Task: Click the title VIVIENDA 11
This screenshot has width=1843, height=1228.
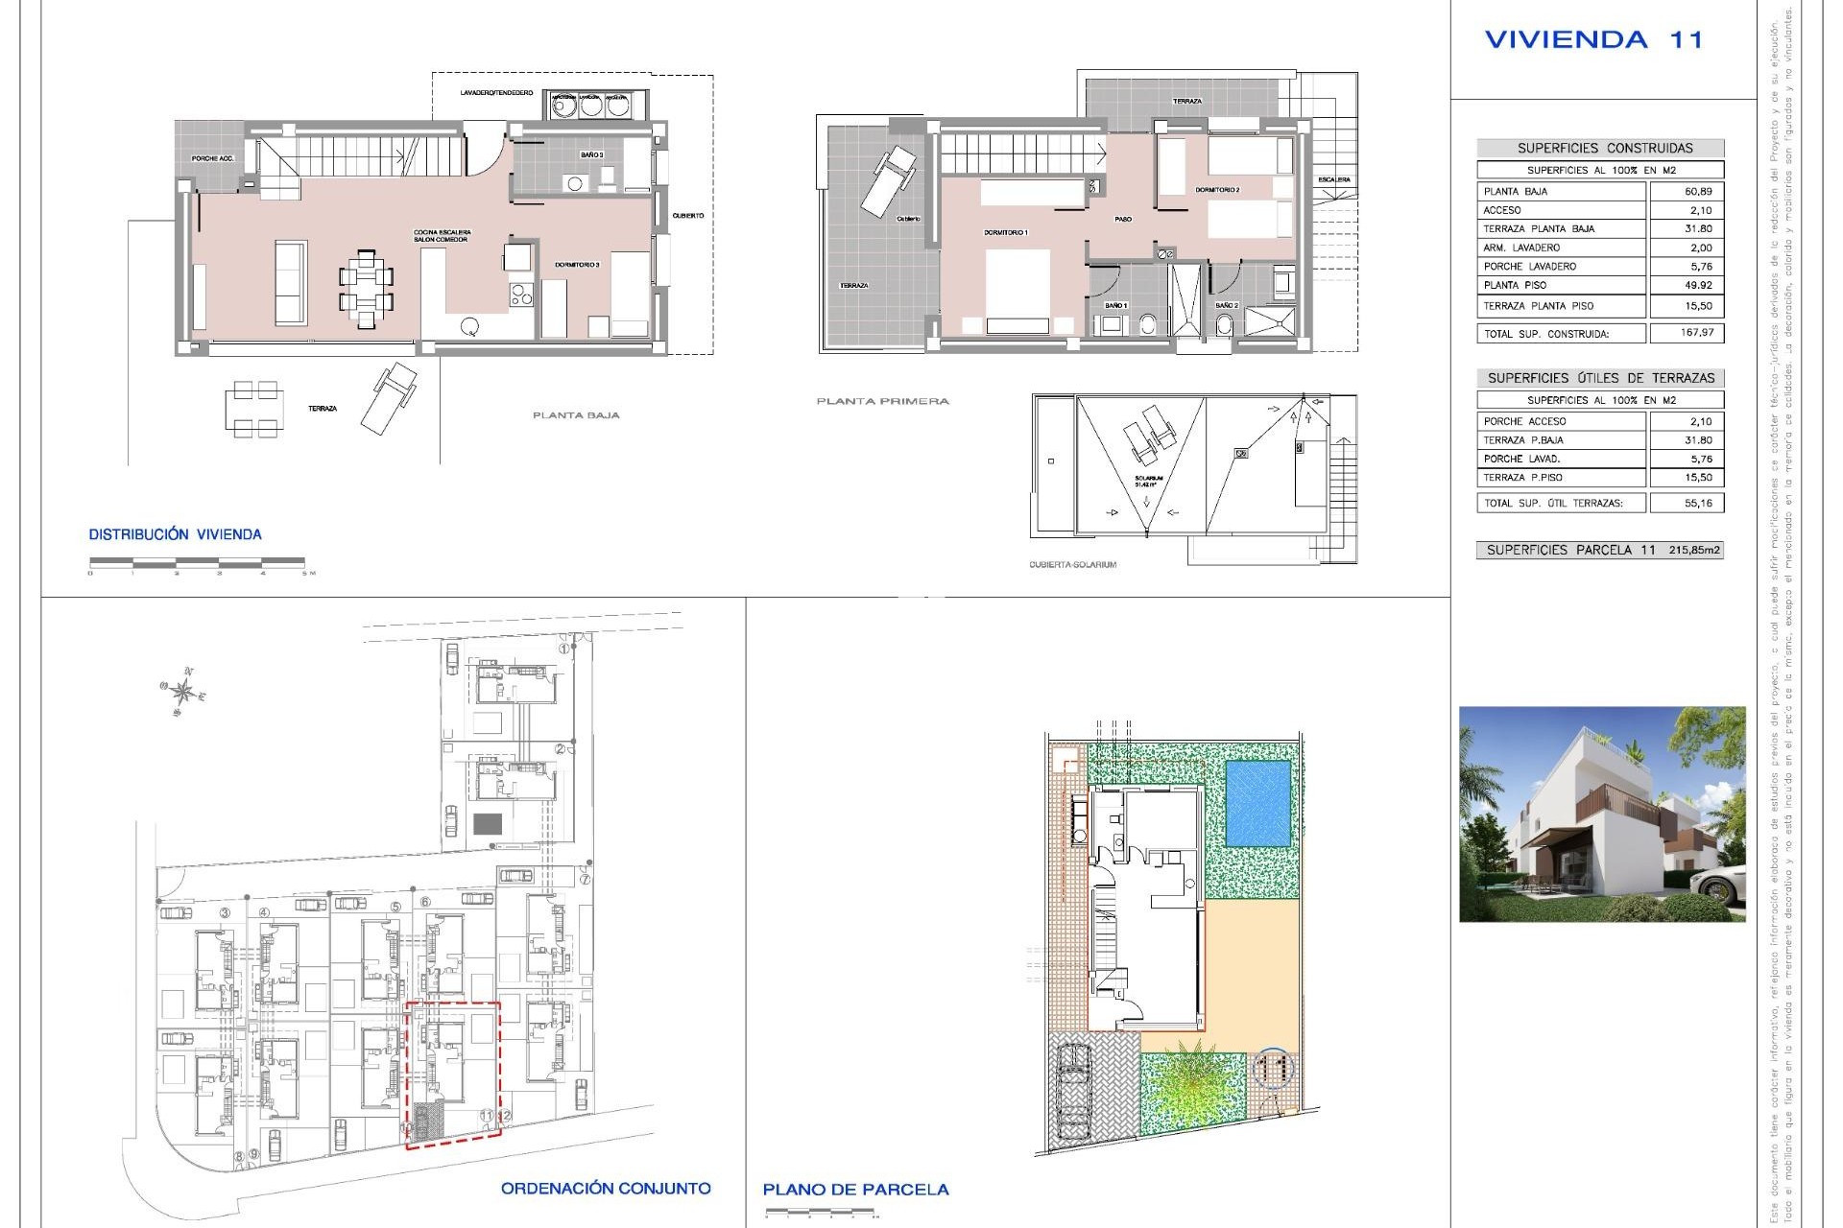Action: (x=1593, y=40)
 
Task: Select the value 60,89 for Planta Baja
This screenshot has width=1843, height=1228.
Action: (x=1698, y=192)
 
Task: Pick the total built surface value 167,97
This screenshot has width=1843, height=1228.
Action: (x=1697, y=333)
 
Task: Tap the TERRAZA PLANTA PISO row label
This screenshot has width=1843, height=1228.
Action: (x=1539, y=306)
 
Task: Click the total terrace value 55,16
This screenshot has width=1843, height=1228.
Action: (x=1697, y=503)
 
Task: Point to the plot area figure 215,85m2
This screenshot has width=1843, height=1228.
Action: (x=1694, y=551)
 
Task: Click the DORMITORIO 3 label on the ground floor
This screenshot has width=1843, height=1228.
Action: (x=577, y=265)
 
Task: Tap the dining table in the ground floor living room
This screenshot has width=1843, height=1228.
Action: (x=366, y=289)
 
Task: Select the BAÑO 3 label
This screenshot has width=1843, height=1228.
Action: (x=591, y=154)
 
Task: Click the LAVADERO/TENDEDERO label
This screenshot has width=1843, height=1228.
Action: (x=496, y=93)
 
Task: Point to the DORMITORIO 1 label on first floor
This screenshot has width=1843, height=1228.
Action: (x=1005, y=233)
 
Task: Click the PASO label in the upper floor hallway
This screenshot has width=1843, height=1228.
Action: (x=1122, y=220)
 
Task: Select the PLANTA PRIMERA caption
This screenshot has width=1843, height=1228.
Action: (x=882, y=401)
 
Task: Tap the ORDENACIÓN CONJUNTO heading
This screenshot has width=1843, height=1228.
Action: (x=606, y=1189)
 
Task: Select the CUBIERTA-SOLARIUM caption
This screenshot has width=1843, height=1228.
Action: (x=1072, y=565)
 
